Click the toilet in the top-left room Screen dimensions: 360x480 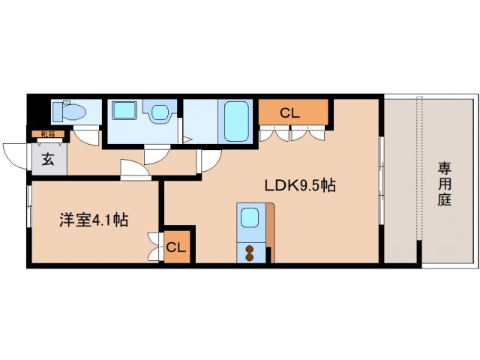[x=68, y=113]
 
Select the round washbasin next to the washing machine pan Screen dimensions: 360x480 [x=159, y=113]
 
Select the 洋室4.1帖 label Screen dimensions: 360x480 [x=93, y=220]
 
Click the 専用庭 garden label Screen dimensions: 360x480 [x=445, y=184]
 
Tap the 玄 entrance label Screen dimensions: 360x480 [x=47, y=159]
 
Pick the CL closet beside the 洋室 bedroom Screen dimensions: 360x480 [x=177, y=246]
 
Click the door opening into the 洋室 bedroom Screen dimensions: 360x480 [x=135, y=170]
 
